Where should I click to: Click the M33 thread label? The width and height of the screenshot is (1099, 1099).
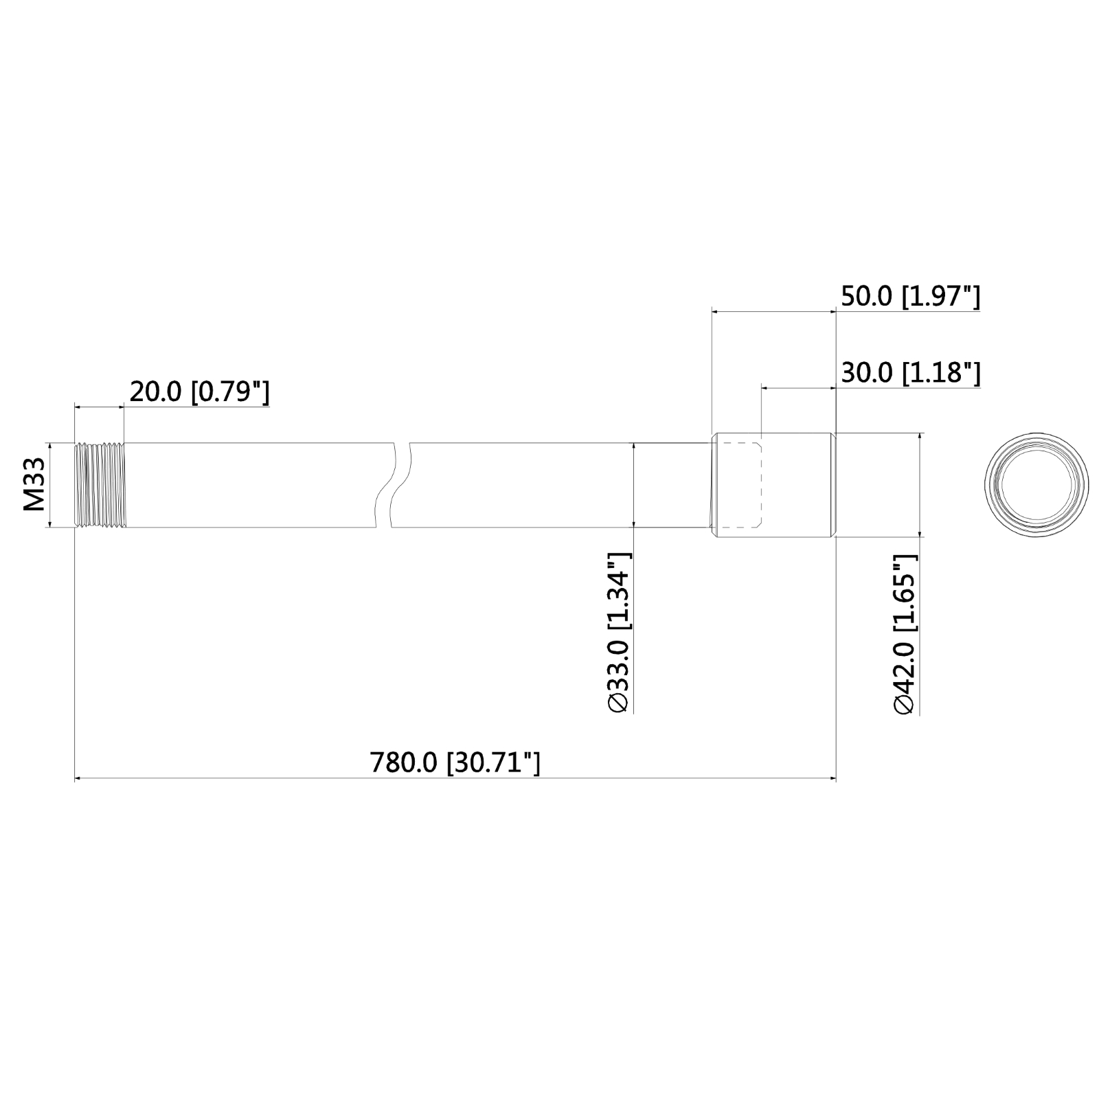click(34, 485)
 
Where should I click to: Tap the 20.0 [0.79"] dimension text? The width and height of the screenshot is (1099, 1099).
click(199, 392)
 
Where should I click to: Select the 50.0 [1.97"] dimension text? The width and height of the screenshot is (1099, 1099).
click(911, 296)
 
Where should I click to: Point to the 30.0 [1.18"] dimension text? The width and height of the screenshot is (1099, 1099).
click(911, 373)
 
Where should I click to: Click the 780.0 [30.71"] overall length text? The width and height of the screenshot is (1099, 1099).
click(455, 762)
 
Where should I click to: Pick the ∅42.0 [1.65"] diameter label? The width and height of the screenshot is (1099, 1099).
click(905, 634)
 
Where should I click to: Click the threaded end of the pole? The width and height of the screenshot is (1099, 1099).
click(100, 485)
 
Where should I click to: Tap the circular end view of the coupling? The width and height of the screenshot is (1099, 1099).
click(1036, 485)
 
